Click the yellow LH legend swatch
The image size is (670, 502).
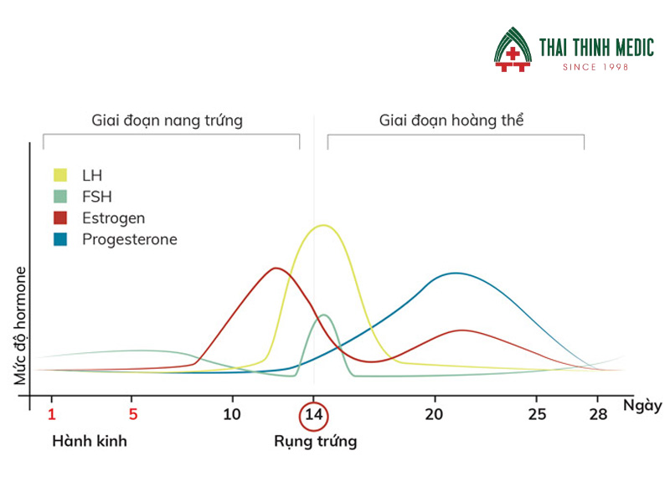[x=60, y=175]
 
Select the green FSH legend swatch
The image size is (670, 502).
[x=60, y=197]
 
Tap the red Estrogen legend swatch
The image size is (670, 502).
[x=60, y=218]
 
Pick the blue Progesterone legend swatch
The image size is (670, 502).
[x=60, y=240]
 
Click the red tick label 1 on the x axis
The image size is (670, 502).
[x=52, y=414]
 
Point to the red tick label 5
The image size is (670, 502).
[x=132, y=414]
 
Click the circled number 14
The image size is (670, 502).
[x=313, y=415]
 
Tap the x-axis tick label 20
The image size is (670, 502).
[x=434, y=414]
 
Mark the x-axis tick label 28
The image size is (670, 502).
[x=597, y=414]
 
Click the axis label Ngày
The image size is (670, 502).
[x=642, y=406]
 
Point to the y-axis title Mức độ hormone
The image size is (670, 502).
[x=20, y=326]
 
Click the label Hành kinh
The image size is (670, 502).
[x=90, y=441]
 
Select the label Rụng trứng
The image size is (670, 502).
[x=315, y=441]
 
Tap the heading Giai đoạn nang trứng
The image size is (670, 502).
[x=167, y=120]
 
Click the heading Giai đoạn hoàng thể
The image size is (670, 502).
[x=451, y=120]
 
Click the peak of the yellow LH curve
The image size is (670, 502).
[x=322, y=225]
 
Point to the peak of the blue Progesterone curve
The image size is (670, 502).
[x=455, y=273]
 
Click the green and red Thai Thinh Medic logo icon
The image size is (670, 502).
[x=513, y=49]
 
